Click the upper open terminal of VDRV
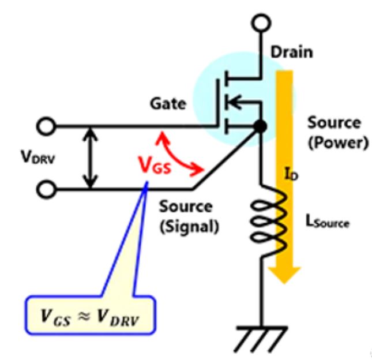[x=46, y=126]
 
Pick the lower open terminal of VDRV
[x=46, y=189]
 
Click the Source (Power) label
[x=338, y=134]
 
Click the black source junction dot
[x=261, y=126]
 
